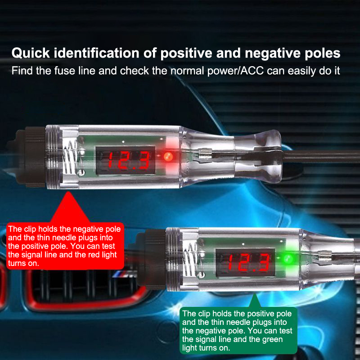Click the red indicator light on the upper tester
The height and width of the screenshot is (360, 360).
pos(168,156)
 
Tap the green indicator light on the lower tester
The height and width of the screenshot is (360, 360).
pos(288,259)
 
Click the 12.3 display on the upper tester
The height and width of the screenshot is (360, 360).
pos(126,160)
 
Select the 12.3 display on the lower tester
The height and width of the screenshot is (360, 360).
pos(245,262)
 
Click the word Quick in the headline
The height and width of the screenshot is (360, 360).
pos(31,54)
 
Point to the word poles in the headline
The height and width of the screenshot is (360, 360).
pos(322,54)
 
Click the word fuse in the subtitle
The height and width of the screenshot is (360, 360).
pos(64,71)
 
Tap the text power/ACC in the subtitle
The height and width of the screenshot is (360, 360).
pos(235,71)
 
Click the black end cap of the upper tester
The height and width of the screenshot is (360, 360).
pos(27,156)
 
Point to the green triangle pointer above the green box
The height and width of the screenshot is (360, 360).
pos(255,301)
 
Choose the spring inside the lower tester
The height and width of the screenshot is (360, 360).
pos(193,261)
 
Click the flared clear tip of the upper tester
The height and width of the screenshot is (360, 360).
pos(258,156)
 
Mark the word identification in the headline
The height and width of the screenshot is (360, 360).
pos(97,53)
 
